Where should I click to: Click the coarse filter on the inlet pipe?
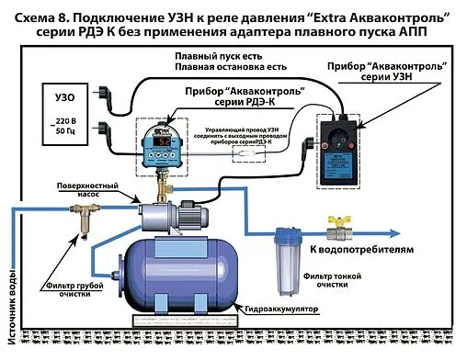tap(81, 219)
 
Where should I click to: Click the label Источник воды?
tap(12, 303)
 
